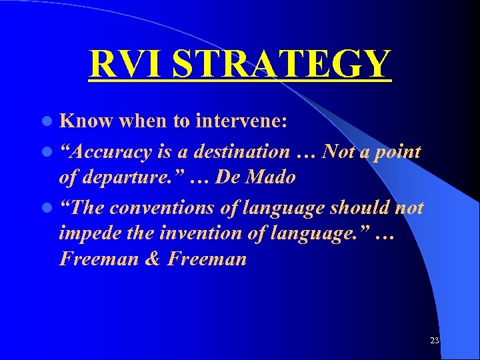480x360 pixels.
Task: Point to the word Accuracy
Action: click(x=111, y=152)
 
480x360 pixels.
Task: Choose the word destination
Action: click(x=239, y=152)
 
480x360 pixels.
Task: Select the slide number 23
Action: click(x=435, y=341)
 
